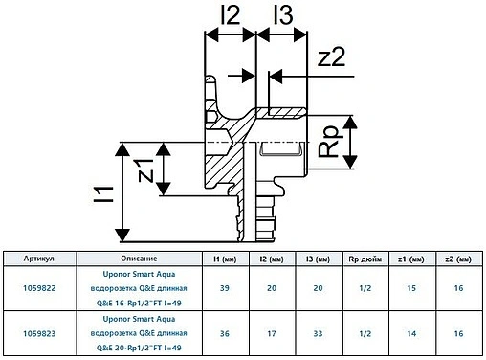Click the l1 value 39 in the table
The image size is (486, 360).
tap(224, 286)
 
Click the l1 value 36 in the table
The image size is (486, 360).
tap(224, 332)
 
